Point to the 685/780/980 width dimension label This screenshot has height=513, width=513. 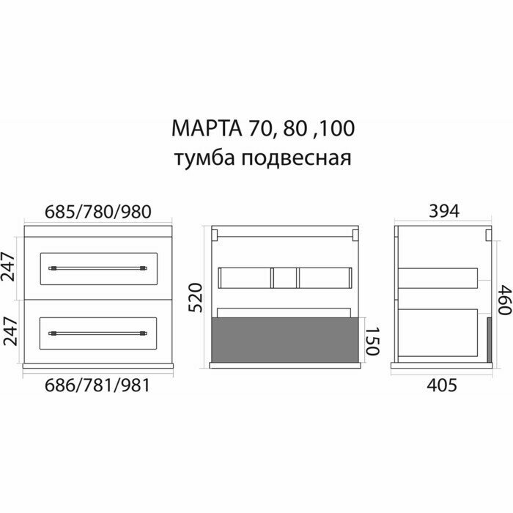pyautogui.click(x=98, y=212)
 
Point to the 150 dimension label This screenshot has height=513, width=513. pyautogui.click(x=372, y=342)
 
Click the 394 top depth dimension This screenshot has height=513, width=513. pyautogui.click(x=443, y=212)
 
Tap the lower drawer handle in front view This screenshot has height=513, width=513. pyautogui.click(x=99, y=333)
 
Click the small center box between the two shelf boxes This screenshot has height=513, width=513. pyautogui.click(x=284, y=278)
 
